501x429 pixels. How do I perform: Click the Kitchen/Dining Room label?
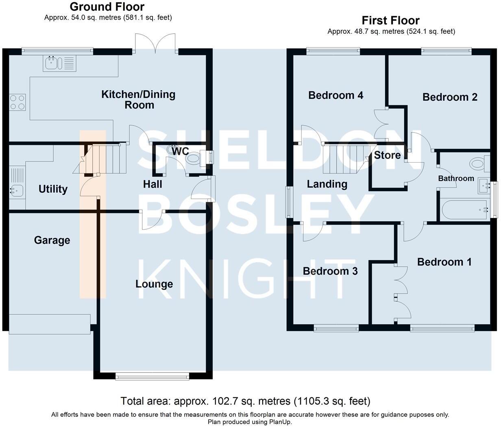click(138, 100)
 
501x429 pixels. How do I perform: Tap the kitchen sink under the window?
click(52, 63)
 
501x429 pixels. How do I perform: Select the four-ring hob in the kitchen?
click(17, 102)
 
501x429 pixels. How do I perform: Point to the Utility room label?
click(53, 189)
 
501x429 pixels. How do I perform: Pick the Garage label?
click(52, 240)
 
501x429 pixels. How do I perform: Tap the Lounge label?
click(154, 284)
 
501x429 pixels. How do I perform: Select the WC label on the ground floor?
click(180, 151)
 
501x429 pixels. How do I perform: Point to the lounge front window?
click(152, 377)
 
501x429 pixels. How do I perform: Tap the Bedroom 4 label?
click(336, 95)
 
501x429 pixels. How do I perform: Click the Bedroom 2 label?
click(450, 97)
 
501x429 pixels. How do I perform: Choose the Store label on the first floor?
click(387, 155)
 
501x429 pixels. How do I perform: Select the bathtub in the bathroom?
click(464, 209)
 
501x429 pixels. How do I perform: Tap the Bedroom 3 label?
click(330, 271)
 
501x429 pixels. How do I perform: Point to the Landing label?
click(327, 184)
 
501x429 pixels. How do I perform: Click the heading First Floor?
click(390, 20)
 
